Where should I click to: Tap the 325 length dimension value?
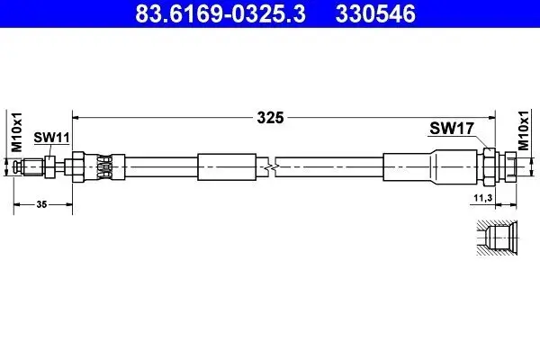pos(271,117)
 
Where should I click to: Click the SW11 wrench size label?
pos(51,137)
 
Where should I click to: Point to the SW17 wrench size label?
pos(446,129)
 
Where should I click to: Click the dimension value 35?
pos(42,205)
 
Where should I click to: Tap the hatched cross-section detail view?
pos(493,240)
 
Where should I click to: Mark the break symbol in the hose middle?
pos(271,166)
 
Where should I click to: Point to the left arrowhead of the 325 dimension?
pos(77,117)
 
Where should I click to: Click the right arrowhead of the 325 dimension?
pos(491,117)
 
